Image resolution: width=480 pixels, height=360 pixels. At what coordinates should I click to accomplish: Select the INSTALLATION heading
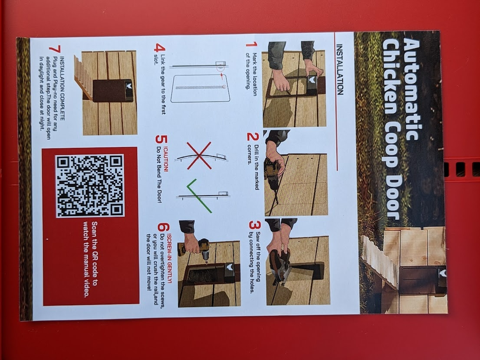coord(340,69)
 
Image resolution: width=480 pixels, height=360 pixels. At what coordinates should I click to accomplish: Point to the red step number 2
coord(253,137)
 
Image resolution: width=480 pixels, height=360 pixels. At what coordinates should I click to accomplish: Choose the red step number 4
coord(159,48)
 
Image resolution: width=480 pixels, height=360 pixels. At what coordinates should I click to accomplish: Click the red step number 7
coord(55,49)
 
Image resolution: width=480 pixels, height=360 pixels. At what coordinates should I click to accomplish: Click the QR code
coord(90,186)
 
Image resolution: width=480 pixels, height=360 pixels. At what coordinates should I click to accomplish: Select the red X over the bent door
coord(199,155)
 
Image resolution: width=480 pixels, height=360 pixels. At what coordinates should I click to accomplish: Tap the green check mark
coord(199,196)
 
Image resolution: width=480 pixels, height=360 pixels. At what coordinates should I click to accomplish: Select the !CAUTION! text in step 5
coord(166,159)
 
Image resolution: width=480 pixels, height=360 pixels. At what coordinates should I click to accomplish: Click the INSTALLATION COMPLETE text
coord(62,88)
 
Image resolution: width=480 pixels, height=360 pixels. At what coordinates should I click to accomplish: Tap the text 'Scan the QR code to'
coord(94,254)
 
